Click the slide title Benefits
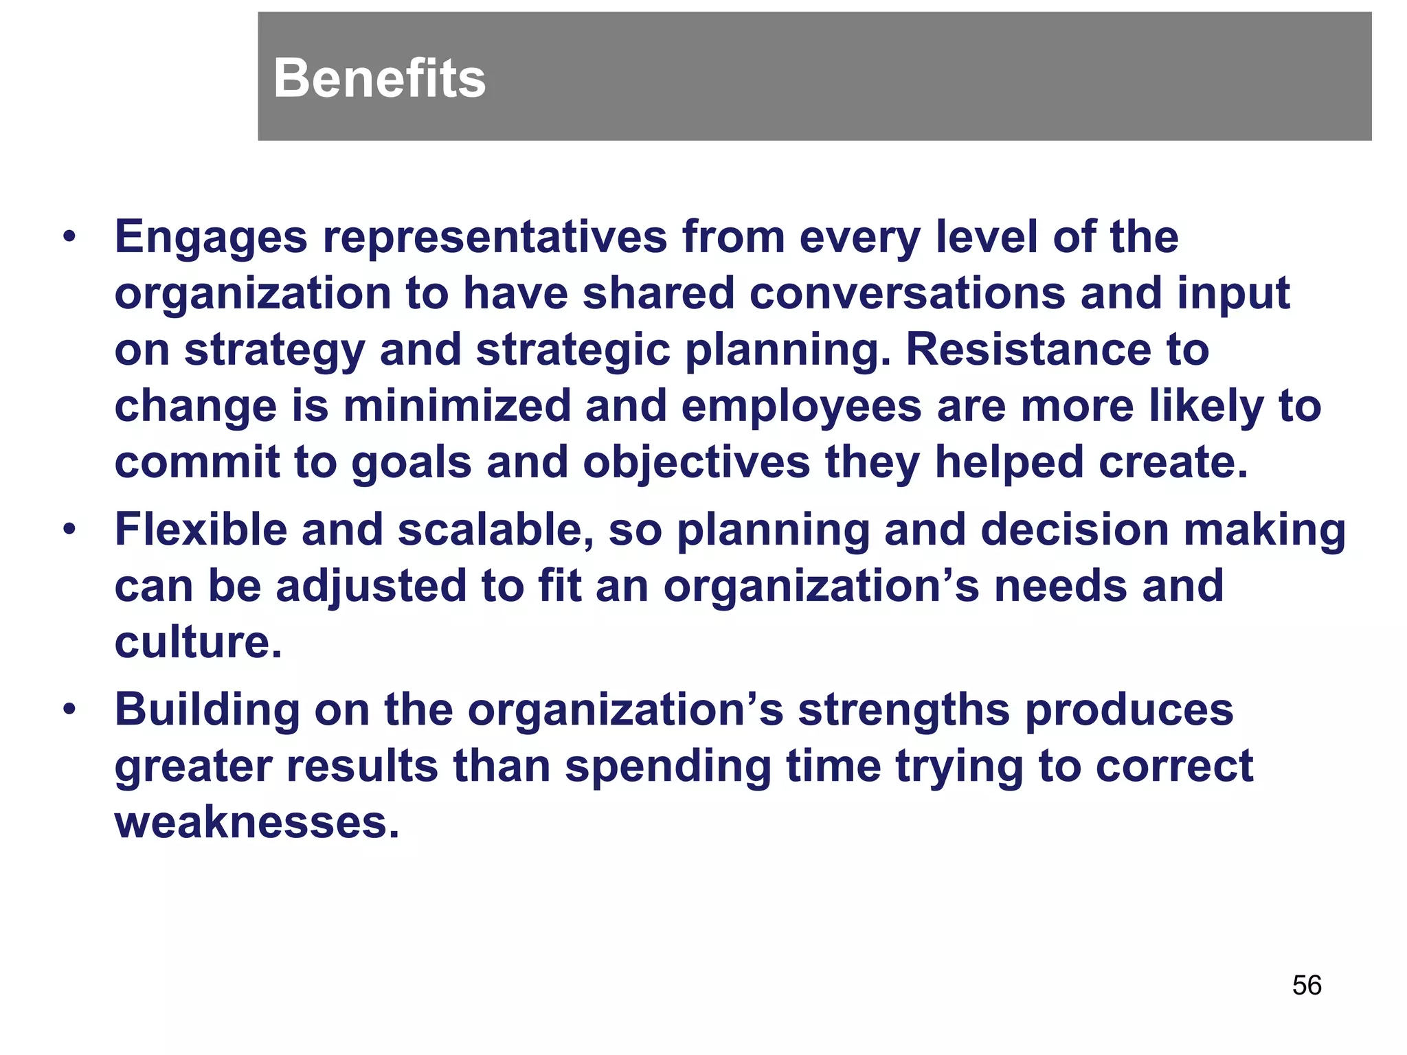tap(379, 78)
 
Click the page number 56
tap(1306, 985)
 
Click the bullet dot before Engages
tap(69, 238)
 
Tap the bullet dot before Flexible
tap(69, 530)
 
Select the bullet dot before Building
tap(69, 710)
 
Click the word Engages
tap(211, 238)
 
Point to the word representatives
tap(495, 238)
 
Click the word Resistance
tap(1028, 350)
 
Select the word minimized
tap(457, 406)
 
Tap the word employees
tap(801, 406)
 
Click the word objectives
tap(697, 462)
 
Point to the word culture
tap(198, 643)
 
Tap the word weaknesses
tap(256, 823)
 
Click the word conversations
tap(906, 294)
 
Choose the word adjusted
tap(371, 587)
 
